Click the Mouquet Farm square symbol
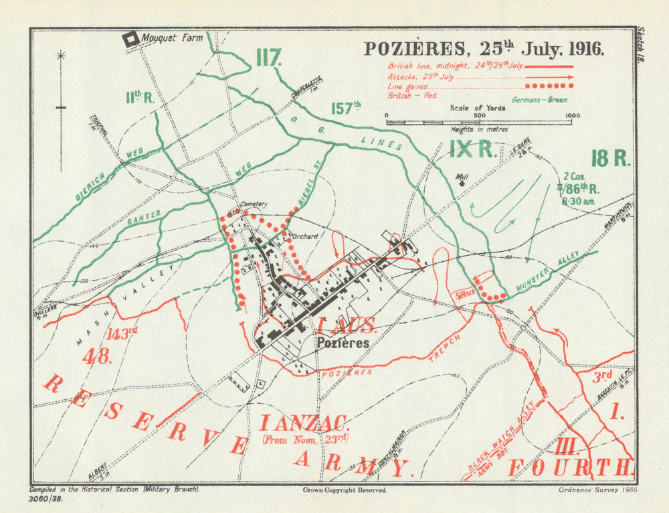click(132, 39)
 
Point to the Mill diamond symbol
click(462, 184)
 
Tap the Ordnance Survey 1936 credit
click(598, 490)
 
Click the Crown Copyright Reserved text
click(345, 490)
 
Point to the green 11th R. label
click(140, 97)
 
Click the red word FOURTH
click(571, 467)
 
